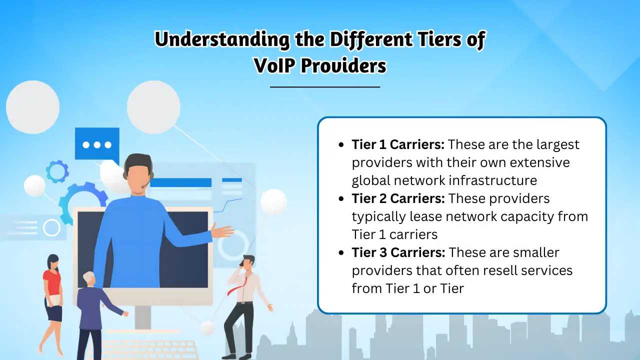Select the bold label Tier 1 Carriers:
point(398,144)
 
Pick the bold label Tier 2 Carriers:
point(398,198)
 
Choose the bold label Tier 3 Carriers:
point(398,252)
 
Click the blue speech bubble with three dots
point(97,144)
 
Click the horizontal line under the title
point(325,87)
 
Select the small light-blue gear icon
point(57,171)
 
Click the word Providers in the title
point(343,65)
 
